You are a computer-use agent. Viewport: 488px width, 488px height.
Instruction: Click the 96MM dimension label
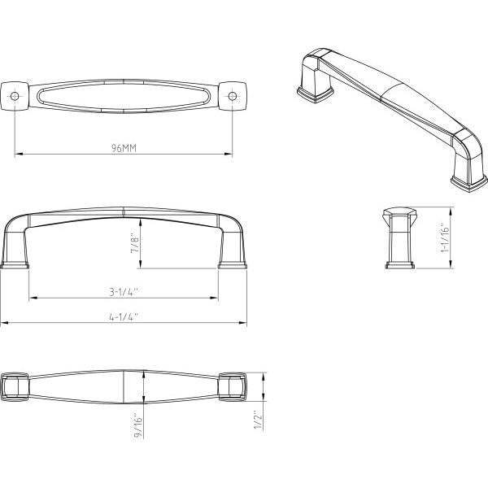click(x=124, y=148)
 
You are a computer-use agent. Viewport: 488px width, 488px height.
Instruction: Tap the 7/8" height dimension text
click(x=136, y=243)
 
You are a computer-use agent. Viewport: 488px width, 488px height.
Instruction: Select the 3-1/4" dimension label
click(x=124, y=292)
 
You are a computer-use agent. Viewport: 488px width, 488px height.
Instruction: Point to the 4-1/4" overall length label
click(x=124, y=317)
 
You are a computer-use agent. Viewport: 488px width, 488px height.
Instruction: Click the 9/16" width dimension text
click(x=138, y=425)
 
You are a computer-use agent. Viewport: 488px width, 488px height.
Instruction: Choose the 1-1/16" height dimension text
click(x=446, y=237)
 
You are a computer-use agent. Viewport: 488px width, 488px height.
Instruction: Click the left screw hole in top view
click(x=15, y=96)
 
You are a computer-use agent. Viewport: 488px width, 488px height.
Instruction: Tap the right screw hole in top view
click(x=232, y=96)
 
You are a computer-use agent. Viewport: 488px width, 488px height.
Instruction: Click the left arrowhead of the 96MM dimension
click(x=18, y=154)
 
